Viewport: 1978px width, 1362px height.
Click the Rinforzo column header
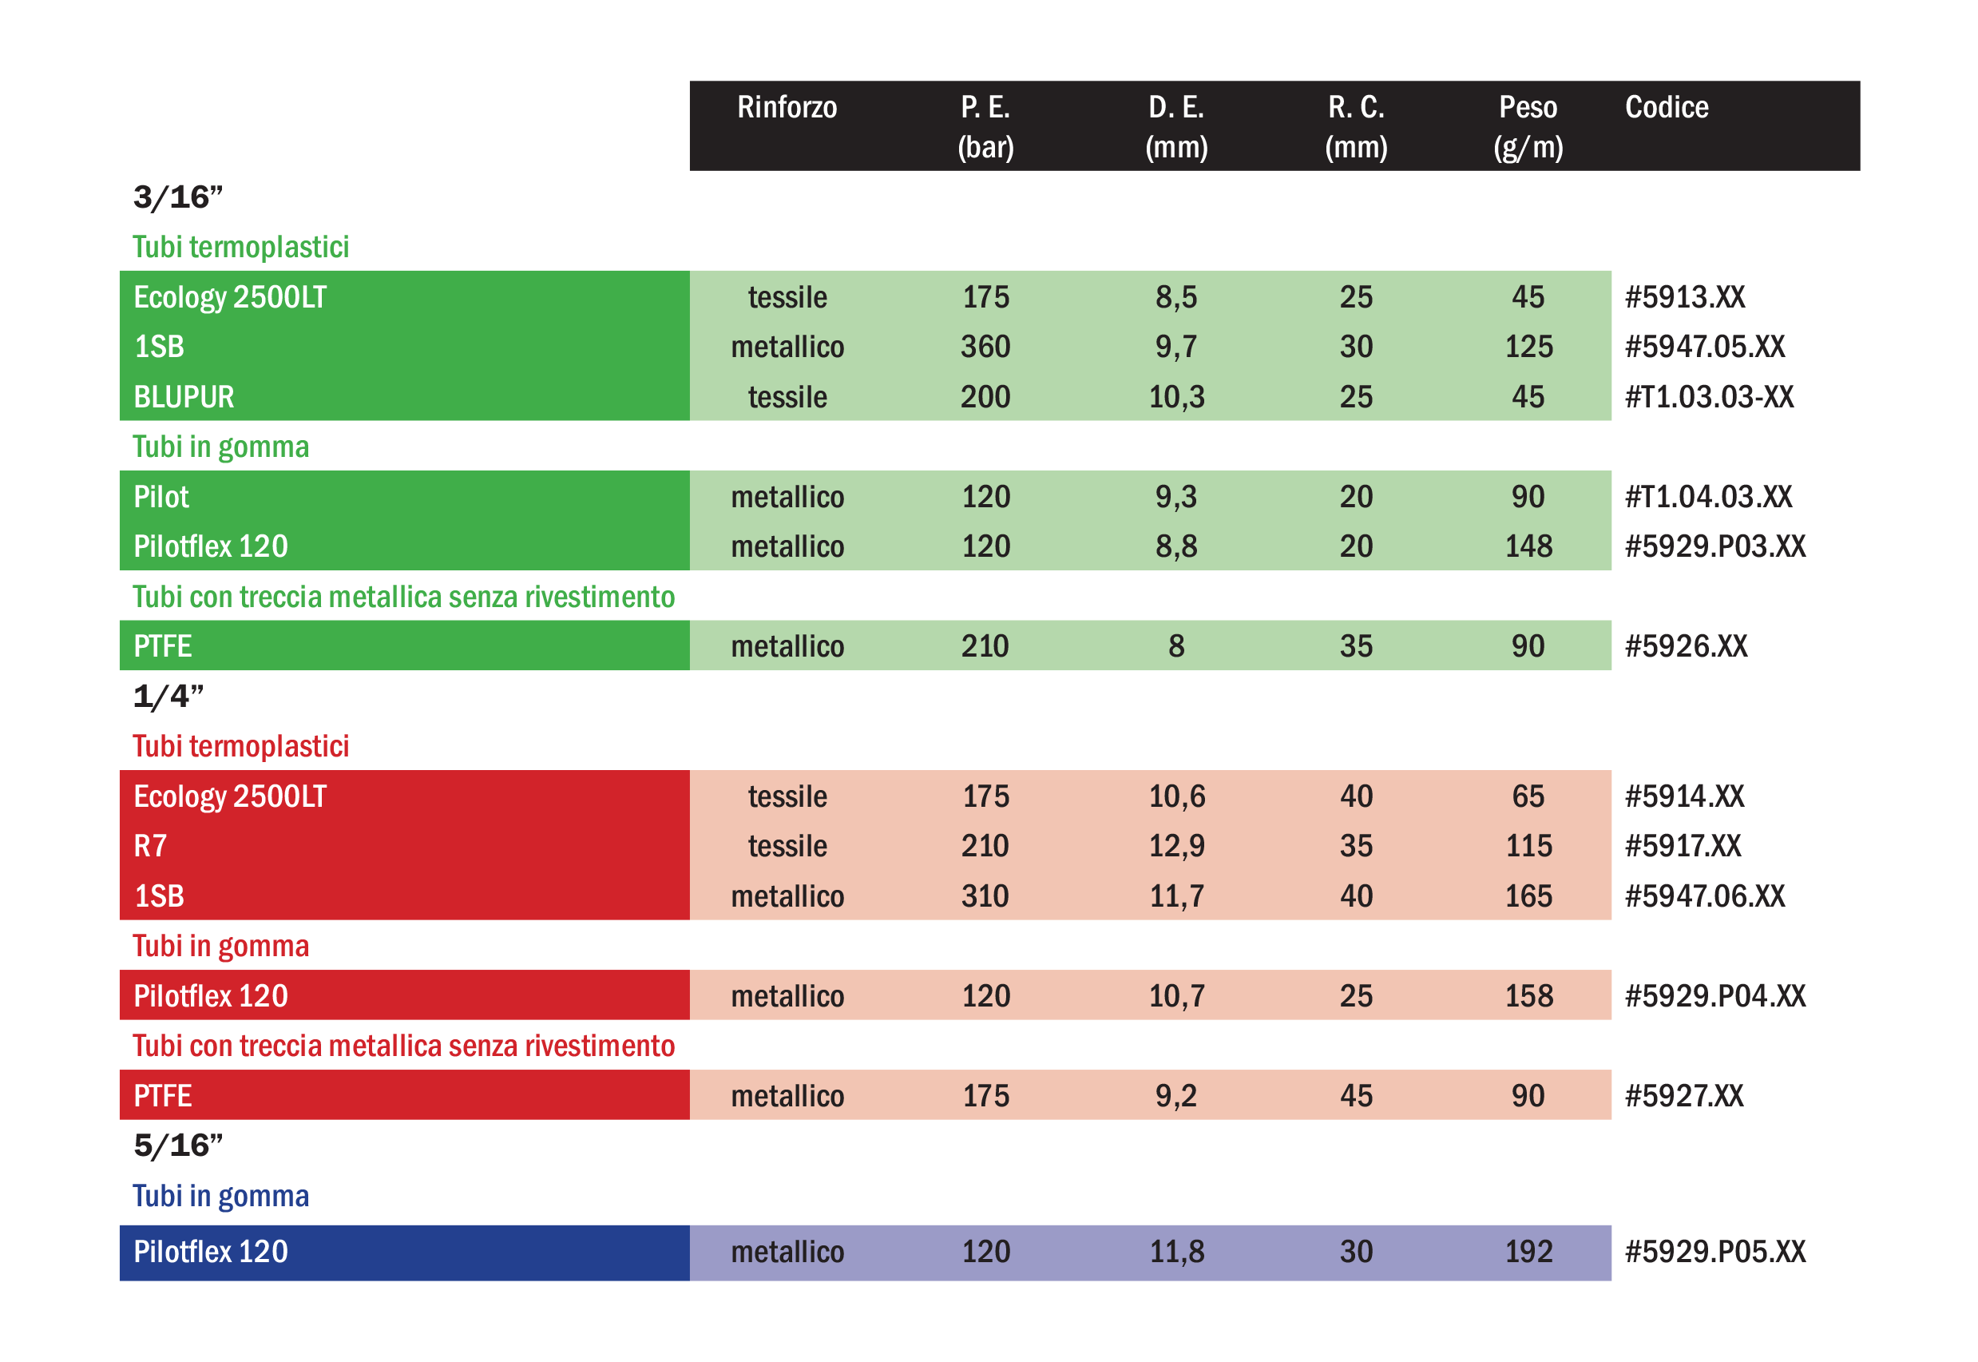pos(787,108)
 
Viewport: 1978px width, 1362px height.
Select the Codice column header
pos(1666,108)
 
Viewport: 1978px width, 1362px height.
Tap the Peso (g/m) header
pos(1528,126)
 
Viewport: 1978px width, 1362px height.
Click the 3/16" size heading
pos(177,198)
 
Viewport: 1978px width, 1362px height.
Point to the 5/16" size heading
pos(177,1146)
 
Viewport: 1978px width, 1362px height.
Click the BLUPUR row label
pos(184,397)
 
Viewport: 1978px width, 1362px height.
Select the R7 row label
pos(150,846)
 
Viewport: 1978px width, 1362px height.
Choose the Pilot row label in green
pos(161,497)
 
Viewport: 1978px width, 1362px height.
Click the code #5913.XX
pos(1685,297)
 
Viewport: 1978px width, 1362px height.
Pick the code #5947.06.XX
pos(1704,896)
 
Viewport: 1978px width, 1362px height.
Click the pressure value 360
pos(985,347)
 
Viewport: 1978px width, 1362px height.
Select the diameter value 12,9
pos(1176,846)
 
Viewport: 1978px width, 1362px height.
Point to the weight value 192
pos(1528,1252)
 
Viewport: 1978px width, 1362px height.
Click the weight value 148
pos(1528,546)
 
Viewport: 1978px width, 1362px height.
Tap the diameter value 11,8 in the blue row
pos(1176,1252)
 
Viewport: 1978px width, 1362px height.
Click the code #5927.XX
pos(1683,1096)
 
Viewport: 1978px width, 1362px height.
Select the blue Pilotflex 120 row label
pos(211,1252)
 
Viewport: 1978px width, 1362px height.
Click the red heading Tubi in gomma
pos(220,947)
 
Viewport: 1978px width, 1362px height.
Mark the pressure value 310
pos(985,896)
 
